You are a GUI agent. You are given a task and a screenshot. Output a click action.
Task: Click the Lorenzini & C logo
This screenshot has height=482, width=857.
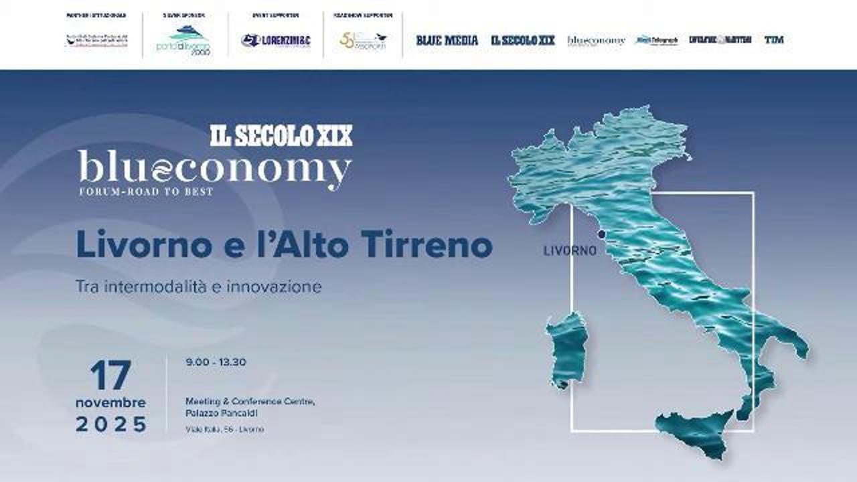(276, 41)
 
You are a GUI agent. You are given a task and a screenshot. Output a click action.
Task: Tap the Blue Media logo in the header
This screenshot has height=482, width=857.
(447, 40)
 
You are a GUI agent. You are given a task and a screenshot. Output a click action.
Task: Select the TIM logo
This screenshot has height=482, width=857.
(774, 40)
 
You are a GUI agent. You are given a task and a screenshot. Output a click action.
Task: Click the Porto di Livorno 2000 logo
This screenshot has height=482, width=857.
(183, 40)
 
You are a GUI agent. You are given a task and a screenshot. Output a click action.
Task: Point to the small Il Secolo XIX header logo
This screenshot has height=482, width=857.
(523, 40)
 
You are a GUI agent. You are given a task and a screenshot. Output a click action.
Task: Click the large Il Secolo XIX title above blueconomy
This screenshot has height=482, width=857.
(281, 136)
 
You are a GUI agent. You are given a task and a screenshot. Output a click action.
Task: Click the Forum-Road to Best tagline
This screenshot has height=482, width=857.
(146, 191)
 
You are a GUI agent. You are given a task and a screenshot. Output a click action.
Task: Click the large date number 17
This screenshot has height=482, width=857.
(110, 376)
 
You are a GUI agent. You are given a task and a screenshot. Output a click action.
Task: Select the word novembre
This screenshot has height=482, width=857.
(110, 403)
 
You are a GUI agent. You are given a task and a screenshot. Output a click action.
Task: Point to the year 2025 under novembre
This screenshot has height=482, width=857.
(111, 424)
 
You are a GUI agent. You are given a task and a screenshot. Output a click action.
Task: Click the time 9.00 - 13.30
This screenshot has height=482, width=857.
(216, 362)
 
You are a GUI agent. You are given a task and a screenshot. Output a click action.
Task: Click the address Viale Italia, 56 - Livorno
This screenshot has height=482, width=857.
(225, 429)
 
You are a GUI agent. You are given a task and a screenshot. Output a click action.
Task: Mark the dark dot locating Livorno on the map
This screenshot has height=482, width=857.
(601, 234)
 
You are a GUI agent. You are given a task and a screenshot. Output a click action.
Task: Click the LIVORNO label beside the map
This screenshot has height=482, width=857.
(570, 251)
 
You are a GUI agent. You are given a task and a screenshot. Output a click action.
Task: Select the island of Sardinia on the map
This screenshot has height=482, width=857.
(566, 348)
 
